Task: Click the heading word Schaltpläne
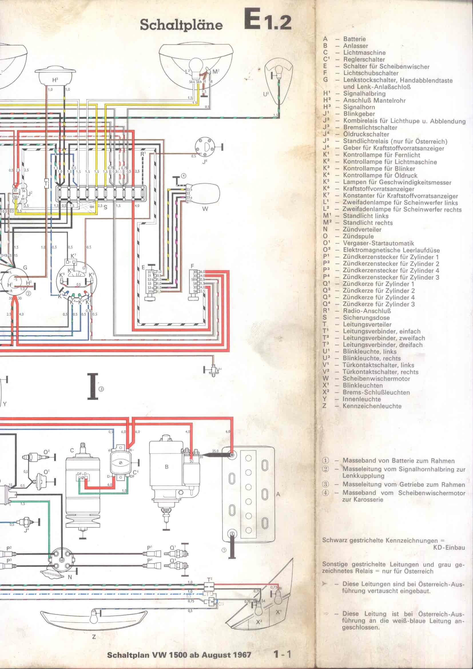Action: tap(181, 25)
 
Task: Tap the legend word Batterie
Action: tap(354, 39)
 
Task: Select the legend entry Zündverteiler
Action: tap(362, 230)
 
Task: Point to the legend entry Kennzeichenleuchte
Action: tap(372, 406)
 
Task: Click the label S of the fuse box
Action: tap(105, 207)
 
